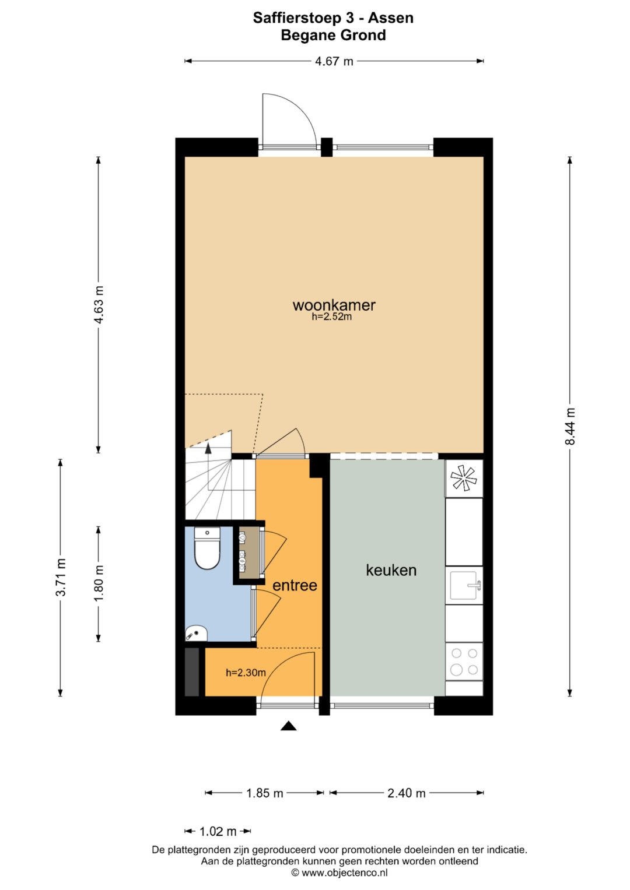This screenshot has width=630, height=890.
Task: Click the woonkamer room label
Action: [334, 305]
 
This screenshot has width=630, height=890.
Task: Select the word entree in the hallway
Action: [295, 585]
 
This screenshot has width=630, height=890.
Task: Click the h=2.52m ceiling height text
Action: [332, 317]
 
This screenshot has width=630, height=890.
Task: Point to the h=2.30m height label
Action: [246, 672]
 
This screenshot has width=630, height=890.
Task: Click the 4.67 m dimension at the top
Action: [334, 62]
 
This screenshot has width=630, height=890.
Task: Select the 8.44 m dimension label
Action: [570, 426]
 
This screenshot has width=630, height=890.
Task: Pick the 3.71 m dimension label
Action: [61, 577]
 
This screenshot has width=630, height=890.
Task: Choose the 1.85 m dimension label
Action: [264, 793]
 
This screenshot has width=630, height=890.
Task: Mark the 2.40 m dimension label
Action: [407, 793]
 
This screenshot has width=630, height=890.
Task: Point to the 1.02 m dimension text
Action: [218, 831]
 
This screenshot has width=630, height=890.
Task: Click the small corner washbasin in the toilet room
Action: [196, 632]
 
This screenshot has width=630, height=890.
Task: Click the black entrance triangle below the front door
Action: [289, 726]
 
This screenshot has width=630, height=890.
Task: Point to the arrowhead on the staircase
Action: [208, 448]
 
